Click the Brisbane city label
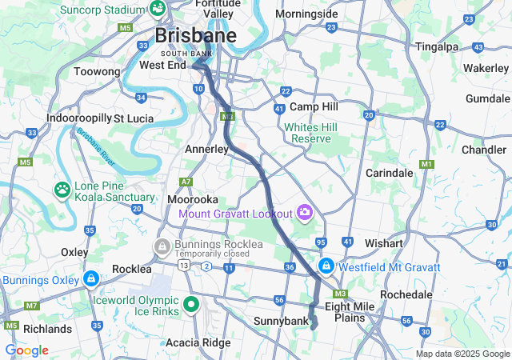pyautogui.click(x=195, y=36)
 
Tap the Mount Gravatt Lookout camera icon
pyautogui.click(x=305, y=213)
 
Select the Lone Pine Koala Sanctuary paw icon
pyautogui.click(x=62, y=190)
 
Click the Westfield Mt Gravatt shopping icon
pyautogui.click(x=326, y=266)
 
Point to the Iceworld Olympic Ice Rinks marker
pyautogui.click(x=191, y=304)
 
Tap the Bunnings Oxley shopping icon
pyautogui.click(x=91, y=280)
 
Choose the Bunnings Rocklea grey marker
pyautogui.click(x=162, y=245)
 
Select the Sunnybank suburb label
pyautogui.click(x=281, y=322)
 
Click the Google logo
pyautogui.click(x=26, y=350)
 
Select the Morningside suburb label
pyautogui.click(x=306, y=14)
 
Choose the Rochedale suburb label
pyautogui.click(x=407, y=294)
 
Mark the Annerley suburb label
pyautogui.click(x=207, y=150)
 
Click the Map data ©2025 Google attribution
pyautogui.click(x=462, y=354)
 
